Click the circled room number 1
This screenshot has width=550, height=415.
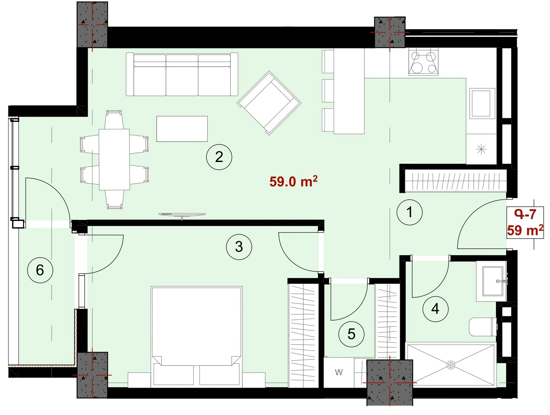409,212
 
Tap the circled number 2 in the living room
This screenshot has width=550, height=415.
219,157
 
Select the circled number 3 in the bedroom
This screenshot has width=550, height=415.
239,247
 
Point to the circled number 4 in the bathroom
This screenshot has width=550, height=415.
435,309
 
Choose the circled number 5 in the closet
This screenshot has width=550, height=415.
351,334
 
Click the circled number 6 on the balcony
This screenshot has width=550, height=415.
40,270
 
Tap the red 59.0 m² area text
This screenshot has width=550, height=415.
293,181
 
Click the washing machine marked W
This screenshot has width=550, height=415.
339,372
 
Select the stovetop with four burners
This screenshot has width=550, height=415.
423,62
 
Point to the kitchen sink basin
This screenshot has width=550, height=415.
481,103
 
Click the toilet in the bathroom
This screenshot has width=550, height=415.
483,327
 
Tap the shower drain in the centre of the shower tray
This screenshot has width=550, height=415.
451,365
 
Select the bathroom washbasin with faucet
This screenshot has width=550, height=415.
493,281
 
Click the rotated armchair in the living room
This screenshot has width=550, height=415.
269,103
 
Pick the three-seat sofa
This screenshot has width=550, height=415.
182,74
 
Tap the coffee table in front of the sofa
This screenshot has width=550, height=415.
182,129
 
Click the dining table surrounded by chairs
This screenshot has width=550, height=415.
114,160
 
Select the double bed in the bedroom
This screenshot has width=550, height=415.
197,337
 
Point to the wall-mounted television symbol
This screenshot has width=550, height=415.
182,215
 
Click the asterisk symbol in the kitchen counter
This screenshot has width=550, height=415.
481,150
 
